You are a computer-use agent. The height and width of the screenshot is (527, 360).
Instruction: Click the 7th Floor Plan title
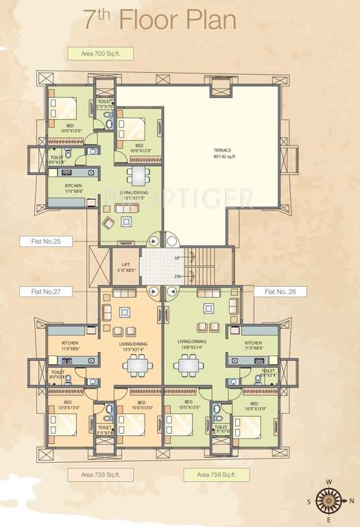coord(159,20)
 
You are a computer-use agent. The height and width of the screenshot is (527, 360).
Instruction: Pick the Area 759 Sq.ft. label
coord(216,475)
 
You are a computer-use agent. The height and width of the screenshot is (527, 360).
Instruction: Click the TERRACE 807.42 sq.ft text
coord(224,152)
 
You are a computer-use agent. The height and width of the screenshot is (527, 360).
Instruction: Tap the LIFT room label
coord(126,267)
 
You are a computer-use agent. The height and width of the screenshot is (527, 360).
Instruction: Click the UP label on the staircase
coord(178,257)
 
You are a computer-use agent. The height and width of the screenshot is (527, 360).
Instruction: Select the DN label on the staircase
coord(178,276)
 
